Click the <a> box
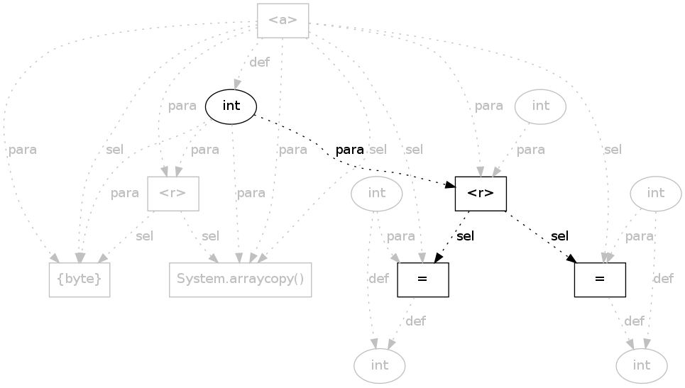pyautogui.click(x=283, y=20)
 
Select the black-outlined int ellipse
pyautogui.click(x=231, y=106)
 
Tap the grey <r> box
pyautogui.click(x=172, y=193)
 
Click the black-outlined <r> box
pyautogui.click(x=481, y=194)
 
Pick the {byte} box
pyautogui.click(x=80, y=279)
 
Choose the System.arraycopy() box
pyautogui.click(x=241, y=279)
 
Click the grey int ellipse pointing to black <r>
pyautogui.click(x=541, y=106)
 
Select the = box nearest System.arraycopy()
pyautogui.click(x=423, y=279)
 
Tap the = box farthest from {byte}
pyautogui.click(x=600, y=279)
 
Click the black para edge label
pyautogui.click(x=349, y=150)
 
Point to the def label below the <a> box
pyautogui.click(x=259, y=62)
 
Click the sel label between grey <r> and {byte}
pyautogui.click(x=144, y=236)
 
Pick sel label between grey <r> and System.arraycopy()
pyautogui.click(x=210, y=236)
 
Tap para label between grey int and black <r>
pyautogui.click(x=531, y=150)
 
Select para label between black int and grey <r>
pyautogui.click(x=205, y=150)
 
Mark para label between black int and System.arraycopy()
pyautogui.click(x=251, y=193)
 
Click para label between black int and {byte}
pyautogui.click(x=125, y=193)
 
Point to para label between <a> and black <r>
pyautogui.click(x=488, y=106)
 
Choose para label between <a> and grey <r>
pyautogui.click(x=182, y=106)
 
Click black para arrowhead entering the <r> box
pyautogui.click(x=450, y=186)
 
